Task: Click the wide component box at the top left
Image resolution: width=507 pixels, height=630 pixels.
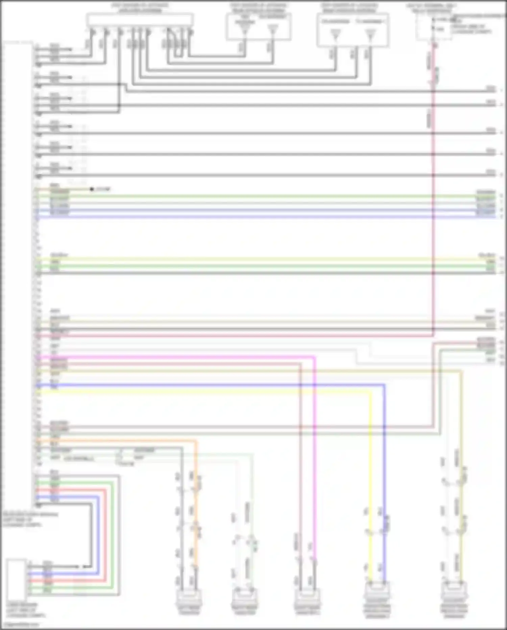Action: [x=140, y=20]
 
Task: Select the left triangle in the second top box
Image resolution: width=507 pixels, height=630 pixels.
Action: [x=245, y=31]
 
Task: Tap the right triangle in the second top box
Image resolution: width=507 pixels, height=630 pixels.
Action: [x=273, y=31]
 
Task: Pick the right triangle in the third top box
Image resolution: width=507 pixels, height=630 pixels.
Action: [x=370, y=34]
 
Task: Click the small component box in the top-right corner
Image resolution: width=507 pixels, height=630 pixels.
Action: [x=434, y=27]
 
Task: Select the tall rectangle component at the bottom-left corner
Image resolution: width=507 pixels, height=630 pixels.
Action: [x=16, y=580]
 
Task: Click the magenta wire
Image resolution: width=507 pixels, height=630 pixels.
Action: [x=203, y=357]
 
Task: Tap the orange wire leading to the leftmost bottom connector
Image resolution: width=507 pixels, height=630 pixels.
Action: [x=135, y=441]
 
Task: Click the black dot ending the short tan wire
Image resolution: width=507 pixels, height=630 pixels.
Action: [x=92, y=189]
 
